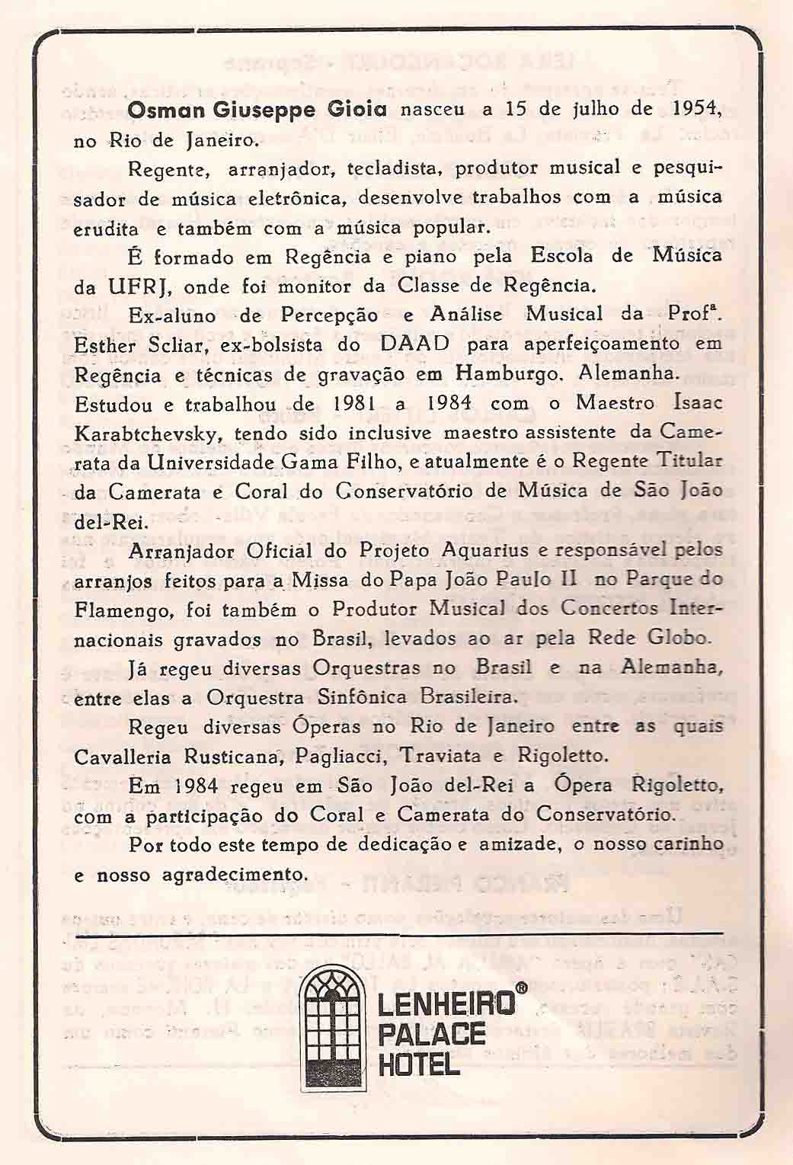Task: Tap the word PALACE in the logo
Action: [x=431, y=1033]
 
